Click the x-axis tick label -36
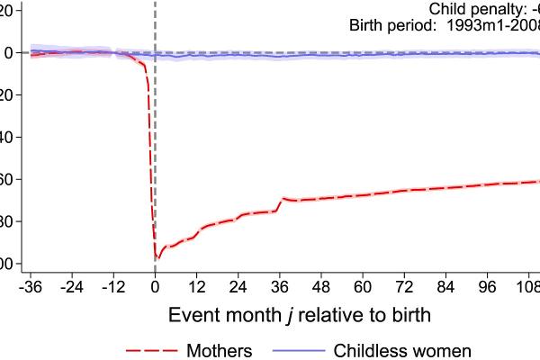pyautogui.click(x=31, y=287)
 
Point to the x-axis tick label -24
pyautogui.click(x=72, y=287)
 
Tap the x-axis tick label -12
pyautogui.click(x=113, y=287)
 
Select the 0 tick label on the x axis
pyautogui.click(x=155, y=287)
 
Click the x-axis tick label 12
pyautogui.click(x=196, y=287)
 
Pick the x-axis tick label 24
pyautogui.click(x=238, y=287)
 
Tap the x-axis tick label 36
pyautogui.click(x=280, y=287)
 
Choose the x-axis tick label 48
pyautogui.click(x=321, y=287)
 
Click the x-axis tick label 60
pyautogui.click(x=363, y=287)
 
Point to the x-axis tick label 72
pyautogui.click(x=404, y=287)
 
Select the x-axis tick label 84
pyautogui.click(x=446, y=287)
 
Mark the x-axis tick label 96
pyautogui.click(x=488, y=287)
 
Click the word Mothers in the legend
pyautogui.click(x=220, y=349)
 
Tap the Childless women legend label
pyautogui.click(x=402, y=349)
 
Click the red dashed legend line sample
pyautogui.click(x=149, y=349)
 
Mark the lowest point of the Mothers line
pyautogui.click(x=157, y=259)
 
